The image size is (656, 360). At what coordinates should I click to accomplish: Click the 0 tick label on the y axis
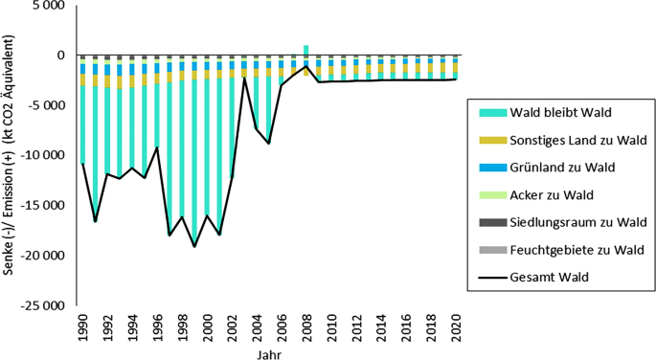(59, 56)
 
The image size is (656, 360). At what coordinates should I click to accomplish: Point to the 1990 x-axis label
(82, 329)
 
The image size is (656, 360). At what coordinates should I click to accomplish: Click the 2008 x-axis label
(305, 329)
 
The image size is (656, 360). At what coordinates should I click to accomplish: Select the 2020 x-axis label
(454, 329)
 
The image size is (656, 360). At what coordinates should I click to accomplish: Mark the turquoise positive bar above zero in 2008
(305, 50)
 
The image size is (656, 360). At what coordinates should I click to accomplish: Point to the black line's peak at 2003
(244, 79)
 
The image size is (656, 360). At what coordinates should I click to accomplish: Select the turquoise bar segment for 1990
(83, 124)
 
